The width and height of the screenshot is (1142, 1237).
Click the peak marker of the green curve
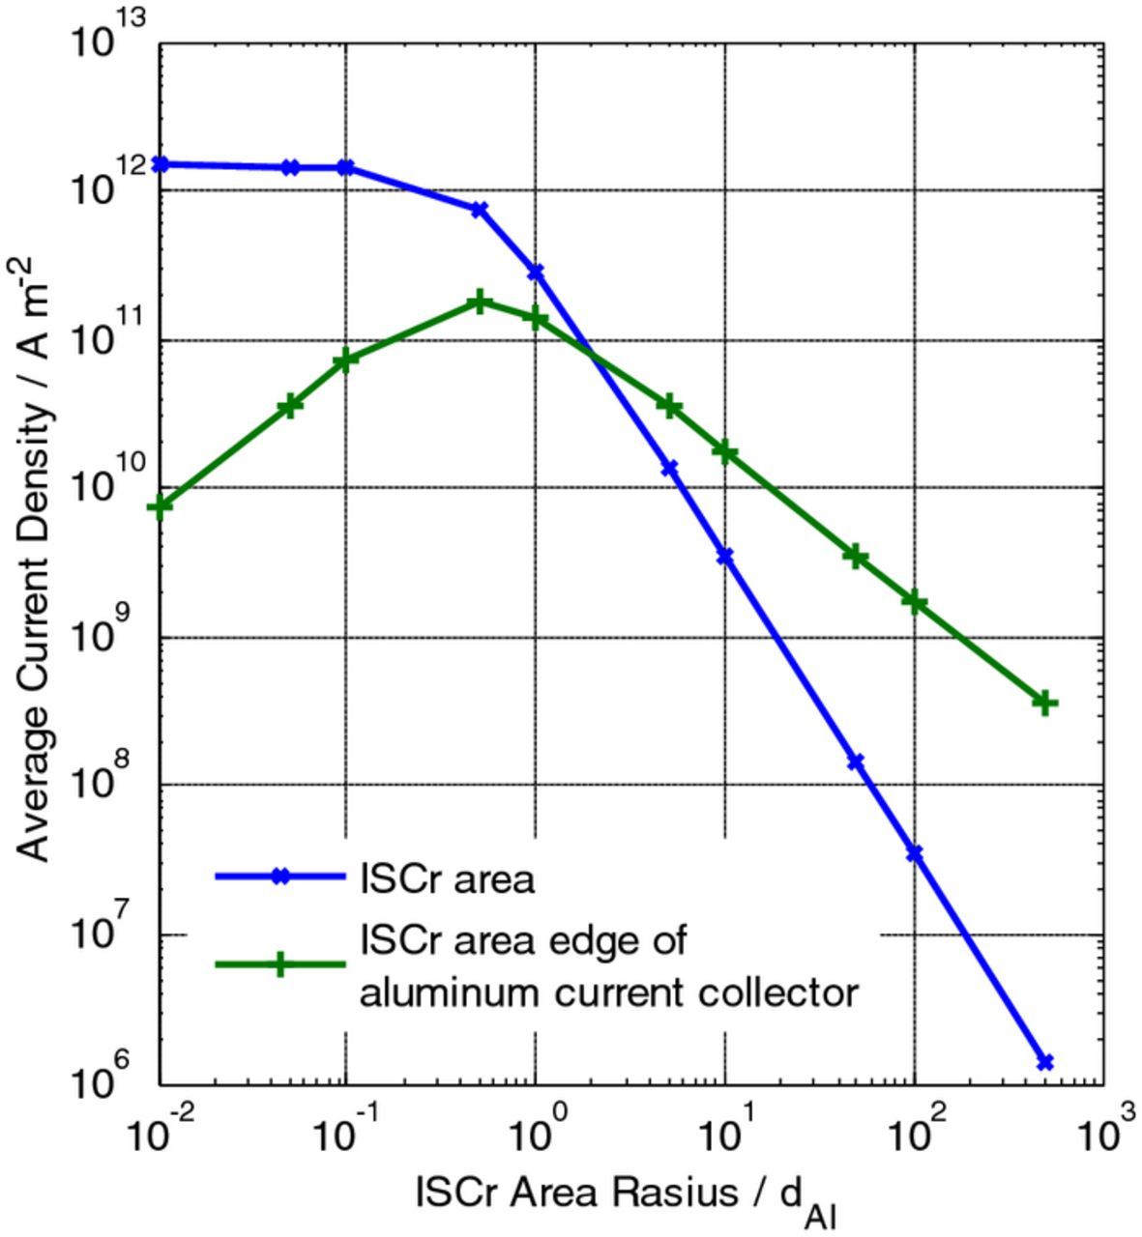[479, 302]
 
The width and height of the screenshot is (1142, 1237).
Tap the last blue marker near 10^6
[1044, 1062]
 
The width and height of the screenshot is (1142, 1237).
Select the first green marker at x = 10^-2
[161, 505]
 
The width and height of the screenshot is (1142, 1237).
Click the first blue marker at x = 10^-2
[161, 164]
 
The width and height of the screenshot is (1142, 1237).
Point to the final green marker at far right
[1044, 703]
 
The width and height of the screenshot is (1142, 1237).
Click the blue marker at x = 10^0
[536, 273]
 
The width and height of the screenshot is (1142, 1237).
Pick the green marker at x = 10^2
[915, 602]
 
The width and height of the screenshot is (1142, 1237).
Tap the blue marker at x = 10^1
[725, 557]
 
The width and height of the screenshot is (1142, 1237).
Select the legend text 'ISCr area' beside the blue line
[447, 879]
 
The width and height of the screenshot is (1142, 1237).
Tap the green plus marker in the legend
[279, 964]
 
